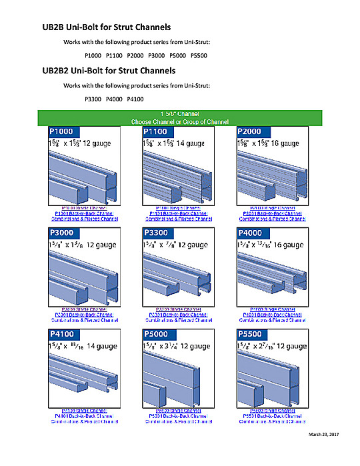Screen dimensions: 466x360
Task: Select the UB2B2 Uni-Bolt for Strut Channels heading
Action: (109, 70)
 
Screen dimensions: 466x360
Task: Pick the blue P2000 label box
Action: (251, 132)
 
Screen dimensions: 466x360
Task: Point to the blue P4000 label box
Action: (251, 233)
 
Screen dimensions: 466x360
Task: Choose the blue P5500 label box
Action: (251, 334)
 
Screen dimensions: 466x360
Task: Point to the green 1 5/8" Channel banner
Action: (179, 118)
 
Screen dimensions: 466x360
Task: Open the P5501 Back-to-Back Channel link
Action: (272, 417)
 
